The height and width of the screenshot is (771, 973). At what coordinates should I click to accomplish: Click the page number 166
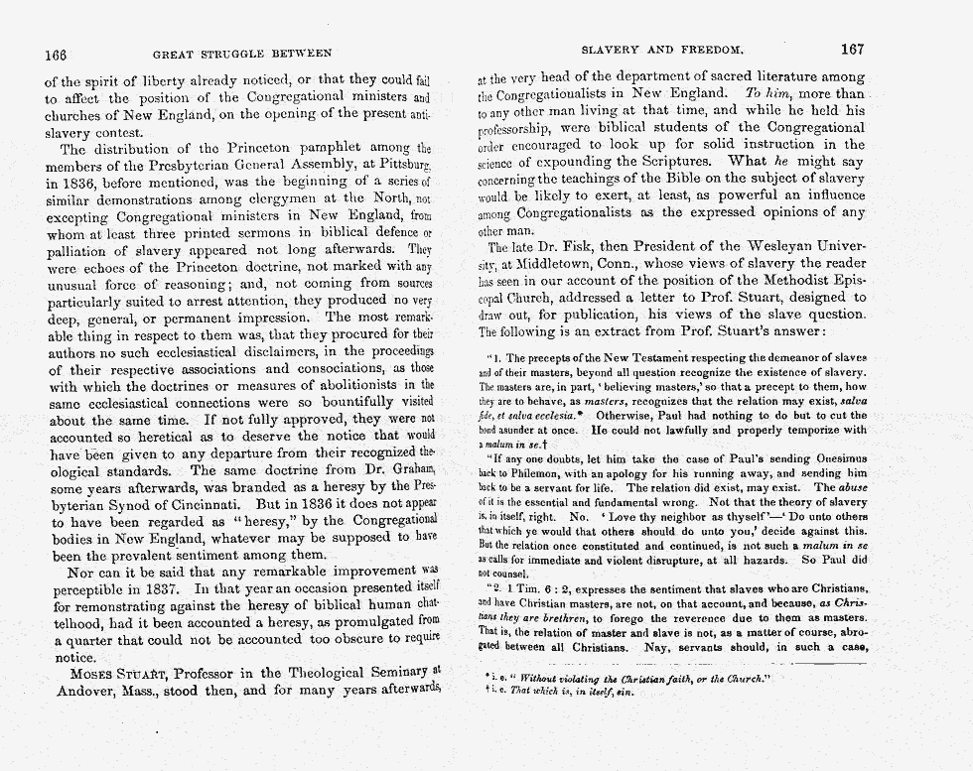pos(58,53)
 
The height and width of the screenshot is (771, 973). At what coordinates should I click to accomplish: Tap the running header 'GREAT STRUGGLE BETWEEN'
pos(242,53)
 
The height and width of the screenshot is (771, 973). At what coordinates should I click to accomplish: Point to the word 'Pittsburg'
pos(403,168)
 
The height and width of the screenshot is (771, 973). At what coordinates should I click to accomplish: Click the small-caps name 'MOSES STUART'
pos(116,675)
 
